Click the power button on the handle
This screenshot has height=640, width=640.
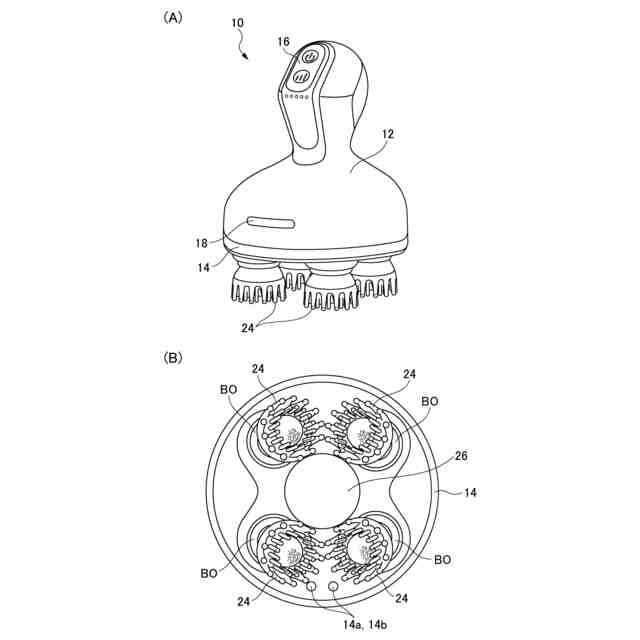click(310, 57)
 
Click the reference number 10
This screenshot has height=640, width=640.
click(237, 23)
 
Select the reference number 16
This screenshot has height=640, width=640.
click(283, 42)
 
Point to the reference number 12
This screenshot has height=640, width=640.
click(388, 134)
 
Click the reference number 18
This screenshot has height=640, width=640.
click(202, 243)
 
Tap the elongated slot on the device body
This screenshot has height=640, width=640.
click(271, 222)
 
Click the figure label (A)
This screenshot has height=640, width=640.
click(173, 18)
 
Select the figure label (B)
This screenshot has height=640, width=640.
click(173, 358)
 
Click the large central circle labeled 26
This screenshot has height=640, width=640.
click(322, 491)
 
